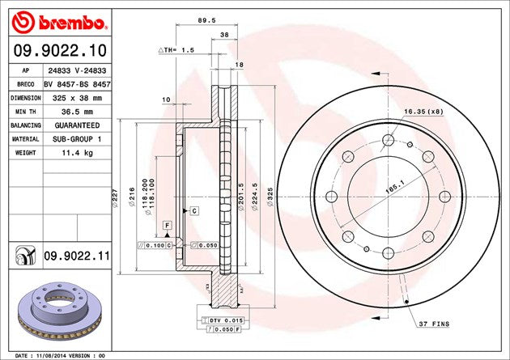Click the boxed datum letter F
[167, 223]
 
